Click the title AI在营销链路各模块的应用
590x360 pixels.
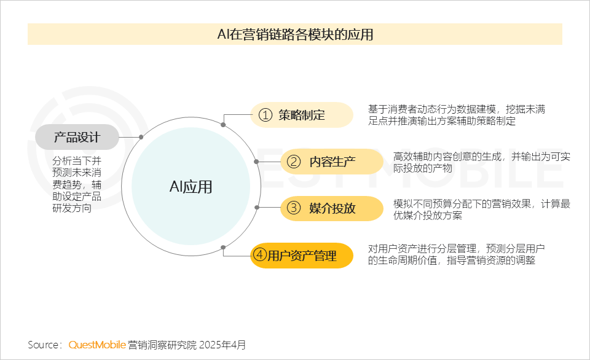point(295,34)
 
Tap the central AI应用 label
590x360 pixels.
point(191,187)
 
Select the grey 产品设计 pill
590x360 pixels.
point(77,137)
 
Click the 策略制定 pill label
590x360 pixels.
point(302,115)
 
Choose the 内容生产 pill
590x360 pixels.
point(332,162)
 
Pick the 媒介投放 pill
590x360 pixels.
point(332,208)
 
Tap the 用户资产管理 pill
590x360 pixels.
point(302,256)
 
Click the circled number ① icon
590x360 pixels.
point(265,115)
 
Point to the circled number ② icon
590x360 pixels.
point(294,162)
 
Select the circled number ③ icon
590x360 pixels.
point(294,208)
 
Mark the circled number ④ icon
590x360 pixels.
point(259,255)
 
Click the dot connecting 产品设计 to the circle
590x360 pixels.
point(141,137)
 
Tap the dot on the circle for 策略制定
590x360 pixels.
point(223,125)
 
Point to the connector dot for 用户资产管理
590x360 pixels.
point(223,247)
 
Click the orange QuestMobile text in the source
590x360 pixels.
point(97,345)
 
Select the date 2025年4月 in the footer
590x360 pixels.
point(222,345)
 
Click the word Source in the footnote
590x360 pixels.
point(42,345)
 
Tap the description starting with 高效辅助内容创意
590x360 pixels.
point(482,162)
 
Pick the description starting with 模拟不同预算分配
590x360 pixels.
point(482,209)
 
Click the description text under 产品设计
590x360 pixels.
point(77,184)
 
